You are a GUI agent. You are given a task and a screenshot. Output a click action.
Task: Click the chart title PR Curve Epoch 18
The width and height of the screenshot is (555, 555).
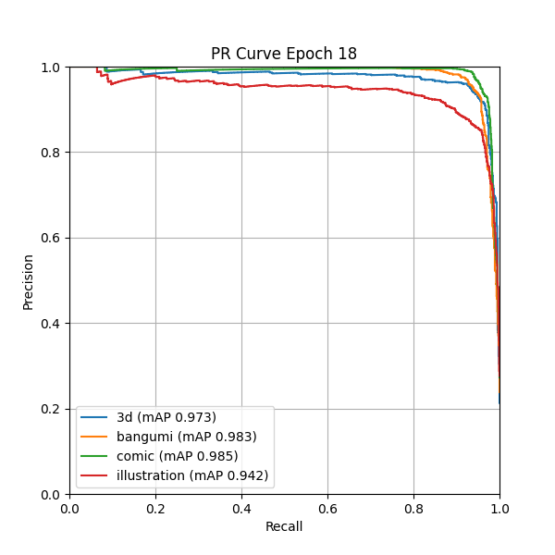point(284,54)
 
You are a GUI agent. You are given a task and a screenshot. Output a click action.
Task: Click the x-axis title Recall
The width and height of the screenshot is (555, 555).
point(284,527)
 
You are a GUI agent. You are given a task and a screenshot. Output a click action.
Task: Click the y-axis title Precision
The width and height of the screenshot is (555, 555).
point(28,281)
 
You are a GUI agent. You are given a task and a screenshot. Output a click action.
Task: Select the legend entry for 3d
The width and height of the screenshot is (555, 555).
point(166,417)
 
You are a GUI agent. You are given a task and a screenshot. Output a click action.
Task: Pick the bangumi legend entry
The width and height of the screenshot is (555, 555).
point(186,437)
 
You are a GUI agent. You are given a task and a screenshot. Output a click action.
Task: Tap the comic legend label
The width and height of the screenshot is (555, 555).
point(177,456)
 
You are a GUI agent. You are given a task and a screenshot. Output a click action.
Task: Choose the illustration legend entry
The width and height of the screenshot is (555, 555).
point(192,475)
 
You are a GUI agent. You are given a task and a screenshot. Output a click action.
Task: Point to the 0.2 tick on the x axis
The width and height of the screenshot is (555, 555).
point(155,508)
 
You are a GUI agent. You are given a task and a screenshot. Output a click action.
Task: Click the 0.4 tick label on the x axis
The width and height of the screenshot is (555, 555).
point(241,508)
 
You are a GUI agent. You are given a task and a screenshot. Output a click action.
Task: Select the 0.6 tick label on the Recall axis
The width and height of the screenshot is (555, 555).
point(327,508)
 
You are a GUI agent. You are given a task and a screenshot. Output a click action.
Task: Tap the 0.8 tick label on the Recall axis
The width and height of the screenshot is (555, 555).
point(413,508)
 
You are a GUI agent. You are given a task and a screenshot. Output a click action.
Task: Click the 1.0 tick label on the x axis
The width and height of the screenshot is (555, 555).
point(499,508)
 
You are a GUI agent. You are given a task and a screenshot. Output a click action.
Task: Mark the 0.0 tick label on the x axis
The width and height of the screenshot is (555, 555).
point(69,508)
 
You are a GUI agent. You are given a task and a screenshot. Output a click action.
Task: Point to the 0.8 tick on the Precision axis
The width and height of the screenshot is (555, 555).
point(52,153)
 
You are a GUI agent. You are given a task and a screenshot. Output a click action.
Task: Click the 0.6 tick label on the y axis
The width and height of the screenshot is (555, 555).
point(52,238)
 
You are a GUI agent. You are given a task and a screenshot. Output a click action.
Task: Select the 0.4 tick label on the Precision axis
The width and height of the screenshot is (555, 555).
point(52,323)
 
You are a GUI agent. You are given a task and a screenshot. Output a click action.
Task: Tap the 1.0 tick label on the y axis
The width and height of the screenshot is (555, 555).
point(52,68)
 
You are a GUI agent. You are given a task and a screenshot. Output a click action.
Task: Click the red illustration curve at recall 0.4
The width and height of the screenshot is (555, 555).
point(241,86)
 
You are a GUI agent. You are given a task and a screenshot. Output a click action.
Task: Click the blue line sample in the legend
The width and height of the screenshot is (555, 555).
point(95,417)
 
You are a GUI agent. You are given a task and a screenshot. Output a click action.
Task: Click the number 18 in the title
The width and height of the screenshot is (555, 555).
point(347,54)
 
